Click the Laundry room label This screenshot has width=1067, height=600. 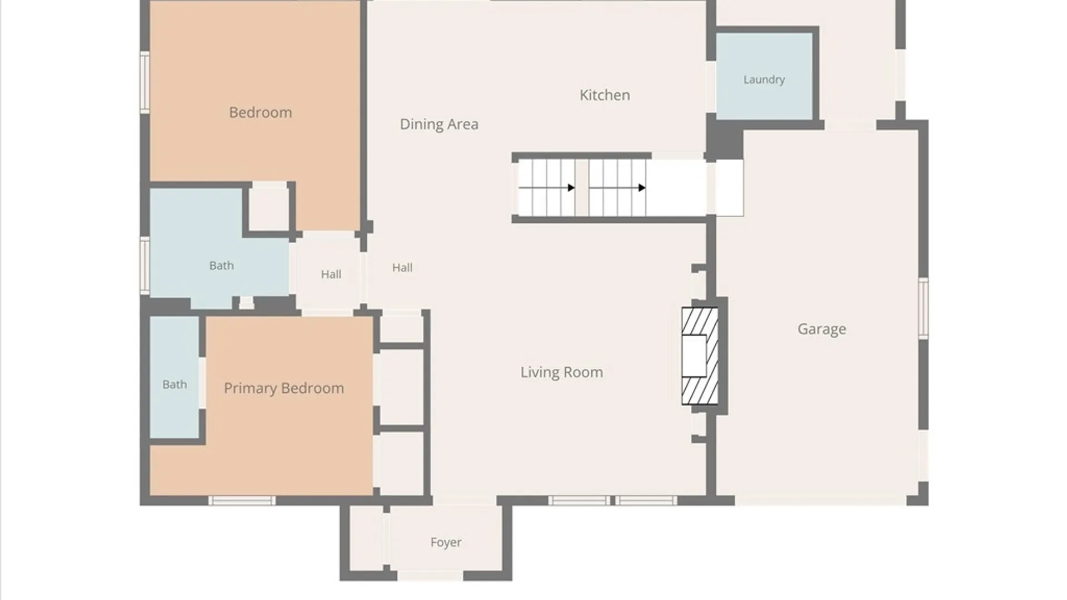pyautogui.click(x=764, y=80)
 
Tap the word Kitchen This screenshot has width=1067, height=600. pyautogui.click(x=605, y=95)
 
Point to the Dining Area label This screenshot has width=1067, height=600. pyautogui.click(x=439, y=124)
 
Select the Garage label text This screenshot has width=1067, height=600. pyautogui.click(x=822, y=329)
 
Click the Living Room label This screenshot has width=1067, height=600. pyautogui.click(x=561, y=372)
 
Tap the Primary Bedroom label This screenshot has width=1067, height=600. pyautogui.click(x=284, y=388)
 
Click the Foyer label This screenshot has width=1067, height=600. pyautogui.click(x=446, y=542)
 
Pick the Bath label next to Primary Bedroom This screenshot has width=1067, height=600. pyautogui.click(x=174, y=384)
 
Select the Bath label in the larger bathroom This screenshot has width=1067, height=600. pyautogui.click(x=221, y=266)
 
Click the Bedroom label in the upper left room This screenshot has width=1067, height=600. pyautogui.click(x=261, y=112)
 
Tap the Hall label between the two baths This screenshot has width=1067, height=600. pyautogui.click(x=331, y=274)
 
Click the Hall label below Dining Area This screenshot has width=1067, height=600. pyautogui.click(x=402, y=268)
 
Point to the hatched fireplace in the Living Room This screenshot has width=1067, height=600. pyautogui.click(x=700, y=356)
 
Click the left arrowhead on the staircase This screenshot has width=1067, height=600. pyautogui.click(x=571, y=188)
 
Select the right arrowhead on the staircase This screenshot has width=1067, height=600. pyautogui.click(x=642, y=188)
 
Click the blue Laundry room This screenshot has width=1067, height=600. pyautogui.click(x=764, y=76)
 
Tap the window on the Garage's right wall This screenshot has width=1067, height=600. pyautogui.click(x=923, y=308)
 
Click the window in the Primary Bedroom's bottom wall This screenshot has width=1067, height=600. pyautogui.click(x=242, y=501)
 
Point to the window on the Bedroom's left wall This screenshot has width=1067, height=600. pyautogui.click(x=144, y=82)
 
